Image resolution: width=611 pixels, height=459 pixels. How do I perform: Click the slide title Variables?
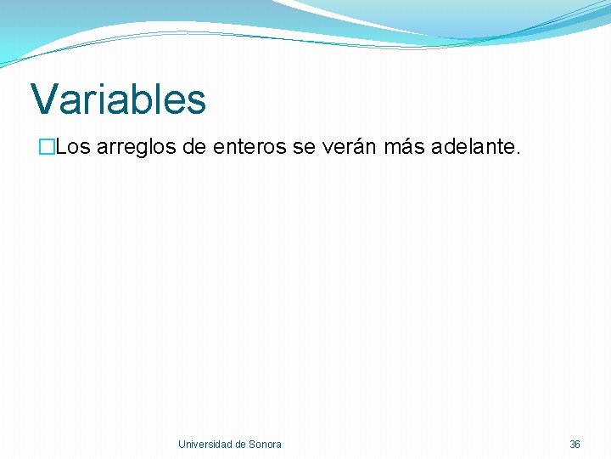click(118, 99)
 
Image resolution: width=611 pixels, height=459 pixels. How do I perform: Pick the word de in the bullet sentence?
click(193, 147)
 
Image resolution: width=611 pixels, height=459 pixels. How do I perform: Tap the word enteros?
click(249, 147)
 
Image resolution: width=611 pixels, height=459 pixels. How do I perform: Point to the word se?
click(303, 148)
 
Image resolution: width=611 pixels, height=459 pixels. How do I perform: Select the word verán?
click(349, 147)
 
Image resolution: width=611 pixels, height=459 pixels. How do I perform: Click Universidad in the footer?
click(205, 445)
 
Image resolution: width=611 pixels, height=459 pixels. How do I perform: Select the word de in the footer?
click(241, 445)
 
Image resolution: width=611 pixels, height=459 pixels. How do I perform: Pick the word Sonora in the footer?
click(266, 445)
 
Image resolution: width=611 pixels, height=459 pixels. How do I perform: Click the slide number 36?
click(575, 445)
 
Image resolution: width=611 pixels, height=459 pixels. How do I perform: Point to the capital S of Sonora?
click(253, 445)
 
